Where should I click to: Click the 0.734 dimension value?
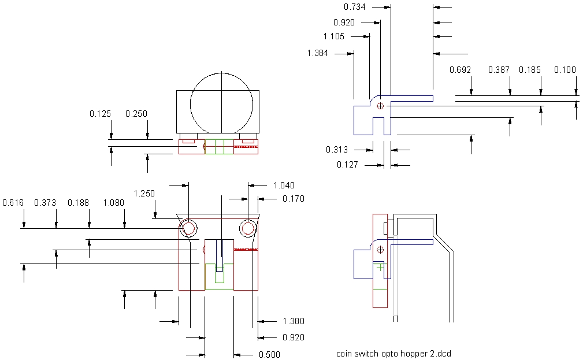pos(354,7)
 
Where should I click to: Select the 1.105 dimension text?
pos(333,36)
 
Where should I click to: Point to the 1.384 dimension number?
pos(318,53)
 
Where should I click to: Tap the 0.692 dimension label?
pos(460,70)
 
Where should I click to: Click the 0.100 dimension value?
pos(565,70)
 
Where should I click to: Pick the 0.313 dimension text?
pos(337,150)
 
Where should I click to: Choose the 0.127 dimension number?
pos(347,164)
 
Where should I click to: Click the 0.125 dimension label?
pos(100,114)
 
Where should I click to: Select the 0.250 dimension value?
pos(136,114)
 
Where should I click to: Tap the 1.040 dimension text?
pos(284,185)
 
